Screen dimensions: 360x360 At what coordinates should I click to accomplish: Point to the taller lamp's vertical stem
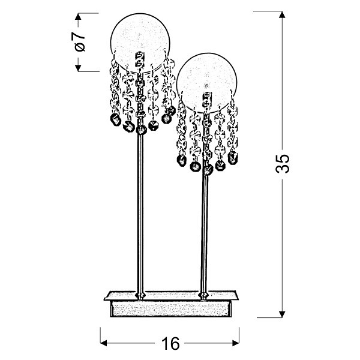tap(140, 210)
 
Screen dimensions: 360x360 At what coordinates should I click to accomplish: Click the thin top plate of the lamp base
tap(171, 297)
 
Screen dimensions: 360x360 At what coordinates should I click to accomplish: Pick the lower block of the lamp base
tap(171, 309)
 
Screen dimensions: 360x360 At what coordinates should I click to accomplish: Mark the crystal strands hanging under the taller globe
tap(142, 96)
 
